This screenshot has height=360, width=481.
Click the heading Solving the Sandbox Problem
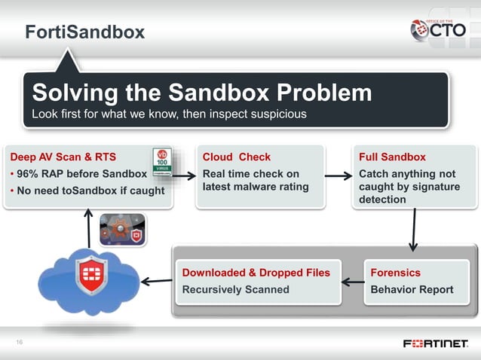(x=201, y=93)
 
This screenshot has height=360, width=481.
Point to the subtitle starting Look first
(x=169, y=114)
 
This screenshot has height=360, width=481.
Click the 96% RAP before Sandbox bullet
(x=75, y=174)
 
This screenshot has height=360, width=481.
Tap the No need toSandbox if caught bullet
(x=86, y=190)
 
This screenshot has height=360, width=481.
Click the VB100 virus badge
(x=162, y=162)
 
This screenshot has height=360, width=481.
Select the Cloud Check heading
(x=236, y=157)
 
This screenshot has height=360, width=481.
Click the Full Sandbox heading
(x=392, y=157)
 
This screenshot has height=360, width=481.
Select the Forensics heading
(x=395, y=273)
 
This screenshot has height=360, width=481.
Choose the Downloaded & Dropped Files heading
(x=256, y=273)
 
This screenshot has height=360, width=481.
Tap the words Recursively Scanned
(x=235, y=289)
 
